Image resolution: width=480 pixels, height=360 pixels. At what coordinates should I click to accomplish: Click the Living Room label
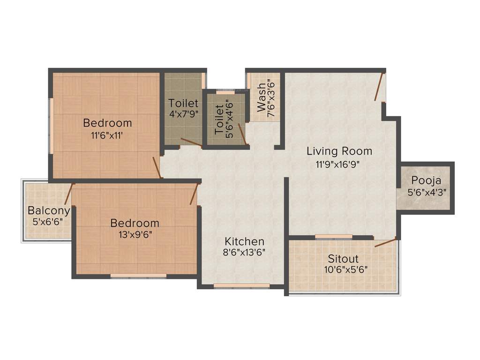[x=339, y=151]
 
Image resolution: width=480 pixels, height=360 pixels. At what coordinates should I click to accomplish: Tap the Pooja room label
[x=426, y=180]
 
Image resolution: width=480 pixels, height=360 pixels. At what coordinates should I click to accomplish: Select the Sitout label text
[x=343, y=259]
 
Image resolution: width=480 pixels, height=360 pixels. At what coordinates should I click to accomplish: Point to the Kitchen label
[x=244, y=241]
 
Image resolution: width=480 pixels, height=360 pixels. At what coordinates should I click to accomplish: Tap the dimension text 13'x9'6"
[x=135, y=234]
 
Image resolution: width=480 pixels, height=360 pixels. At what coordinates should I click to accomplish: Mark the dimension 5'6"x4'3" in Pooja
[x=426, y=192]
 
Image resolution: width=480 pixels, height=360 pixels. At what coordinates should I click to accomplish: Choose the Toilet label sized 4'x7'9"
[x=183, y=103]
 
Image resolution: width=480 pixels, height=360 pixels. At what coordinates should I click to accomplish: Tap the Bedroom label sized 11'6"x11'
[x=107, y=123]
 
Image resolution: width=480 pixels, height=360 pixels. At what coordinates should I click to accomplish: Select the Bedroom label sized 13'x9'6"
[x=135, y=223]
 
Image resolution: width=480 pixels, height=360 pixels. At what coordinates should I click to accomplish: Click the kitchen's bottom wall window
[x=241, y=285]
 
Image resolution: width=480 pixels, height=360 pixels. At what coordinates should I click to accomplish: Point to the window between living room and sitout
[x=333, y=237]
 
